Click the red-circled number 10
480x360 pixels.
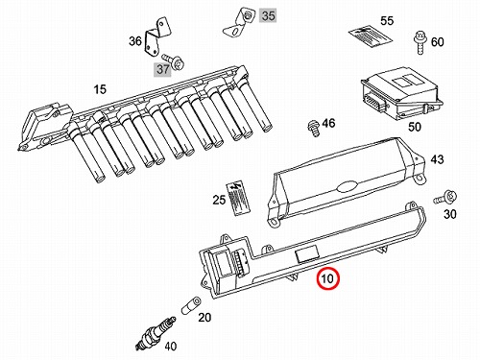[327, 278]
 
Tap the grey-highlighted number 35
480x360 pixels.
[268, 15]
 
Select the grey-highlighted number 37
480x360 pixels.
[163, 69]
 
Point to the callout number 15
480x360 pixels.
[100, 89]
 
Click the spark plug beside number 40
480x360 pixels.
[156, 333]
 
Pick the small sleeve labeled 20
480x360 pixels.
[191, 306]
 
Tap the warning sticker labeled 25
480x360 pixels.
[238, 198]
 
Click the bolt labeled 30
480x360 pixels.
[445, 197]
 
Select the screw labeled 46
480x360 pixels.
[313, 128]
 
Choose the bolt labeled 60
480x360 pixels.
[420, 42]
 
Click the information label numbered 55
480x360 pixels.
[371, 37]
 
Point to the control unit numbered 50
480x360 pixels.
[401, 93]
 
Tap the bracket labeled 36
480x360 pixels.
[157, 39]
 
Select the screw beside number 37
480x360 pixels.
[173, 61]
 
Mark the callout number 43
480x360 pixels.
[437, 159]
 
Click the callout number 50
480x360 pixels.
[414, 127]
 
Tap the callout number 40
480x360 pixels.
[170, 346]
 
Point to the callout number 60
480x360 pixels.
[438, 42]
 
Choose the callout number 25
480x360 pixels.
[219, 200]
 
